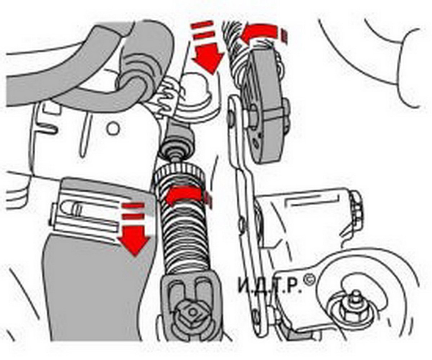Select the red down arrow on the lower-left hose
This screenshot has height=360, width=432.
134,241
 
